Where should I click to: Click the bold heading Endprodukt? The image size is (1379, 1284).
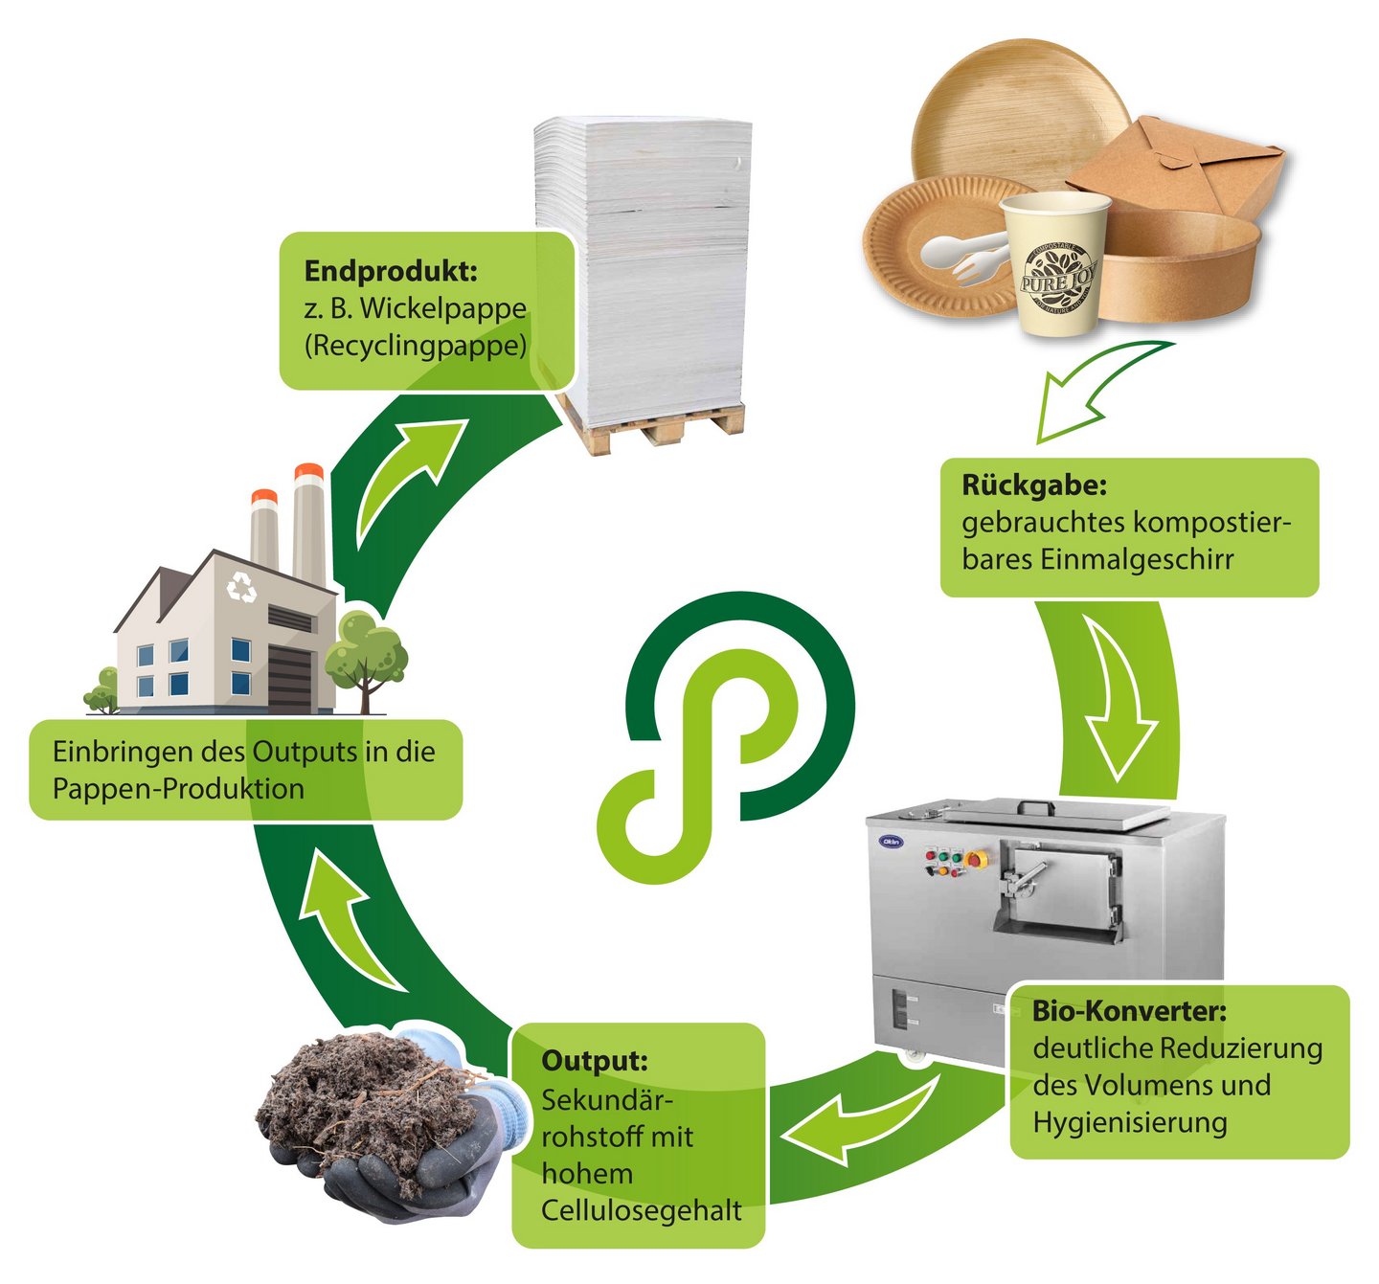tap(391, 272)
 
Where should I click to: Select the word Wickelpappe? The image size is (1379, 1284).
tap(443, 308)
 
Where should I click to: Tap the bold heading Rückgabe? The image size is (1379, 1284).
tap(1034, 486)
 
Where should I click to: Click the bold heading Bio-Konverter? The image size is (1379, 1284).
tap(1130, 1011)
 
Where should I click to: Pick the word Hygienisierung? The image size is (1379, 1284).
tap(1130, 1123)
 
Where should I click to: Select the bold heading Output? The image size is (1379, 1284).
tap(595, 1060)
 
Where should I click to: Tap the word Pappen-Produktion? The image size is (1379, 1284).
tap(178, 789)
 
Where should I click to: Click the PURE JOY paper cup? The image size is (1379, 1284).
tap(1053, 264)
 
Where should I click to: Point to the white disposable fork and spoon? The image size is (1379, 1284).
tap(964, 256)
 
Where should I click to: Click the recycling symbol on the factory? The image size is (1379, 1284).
tap(241, 587)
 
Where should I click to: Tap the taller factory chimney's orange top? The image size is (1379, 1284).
tap(308, 471)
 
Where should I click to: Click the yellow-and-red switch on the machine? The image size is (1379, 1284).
tap(976, 859)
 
